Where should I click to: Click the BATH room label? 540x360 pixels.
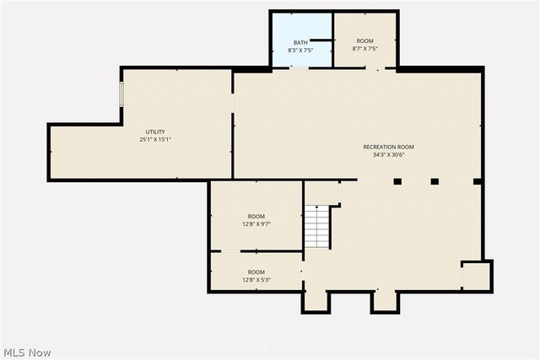click(300, 42)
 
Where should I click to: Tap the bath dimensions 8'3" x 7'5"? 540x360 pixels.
click(300, 49)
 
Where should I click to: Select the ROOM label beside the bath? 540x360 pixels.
click(364, 41)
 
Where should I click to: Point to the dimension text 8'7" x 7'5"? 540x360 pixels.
click(364, 48)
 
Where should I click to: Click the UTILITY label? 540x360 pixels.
click(155, 132)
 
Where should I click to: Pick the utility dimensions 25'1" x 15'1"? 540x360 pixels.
click(155, 139)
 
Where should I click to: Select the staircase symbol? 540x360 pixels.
click(316, 227)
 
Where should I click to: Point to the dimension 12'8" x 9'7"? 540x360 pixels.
click(256, 224)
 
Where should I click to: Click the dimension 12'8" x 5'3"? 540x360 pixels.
click(256, 280)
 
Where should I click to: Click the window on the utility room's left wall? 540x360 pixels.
click(121, 93)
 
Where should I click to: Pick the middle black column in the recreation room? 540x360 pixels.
click(435, 180)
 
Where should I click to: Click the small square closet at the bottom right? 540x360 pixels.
click(475, 276)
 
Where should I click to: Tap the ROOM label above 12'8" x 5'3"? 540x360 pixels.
click(256, 272)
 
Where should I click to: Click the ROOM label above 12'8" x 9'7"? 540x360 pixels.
click(256, 217)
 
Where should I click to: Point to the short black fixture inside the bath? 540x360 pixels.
click(321, 39)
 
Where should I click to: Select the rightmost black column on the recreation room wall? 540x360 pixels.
click(477, 180)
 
